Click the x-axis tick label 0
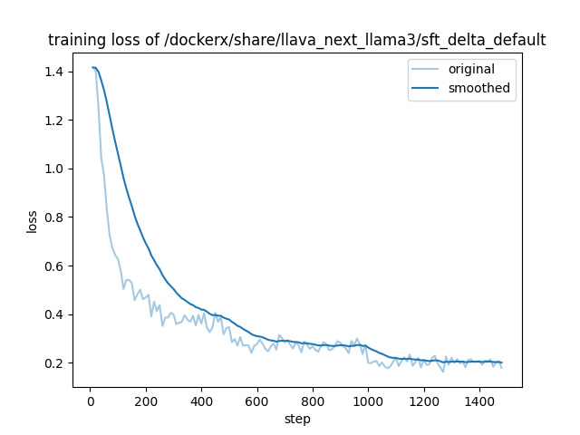coord(90,401)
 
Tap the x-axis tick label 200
coord(146,401)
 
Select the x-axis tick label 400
coord(201,401)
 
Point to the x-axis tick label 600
coord(257,401)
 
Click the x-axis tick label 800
coord(313,401)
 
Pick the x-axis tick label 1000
coord(368,401)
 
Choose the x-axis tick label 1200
coord(424,401)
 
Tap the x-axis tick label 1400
coord(479,401)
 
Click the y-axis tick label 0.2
coord(56,363)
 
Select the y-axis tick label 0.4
coord(56,314)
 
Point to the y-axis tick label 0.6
coord(56,266)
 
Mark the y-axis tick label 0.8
coord(56,217)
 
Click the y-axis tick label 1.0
coord(56,169)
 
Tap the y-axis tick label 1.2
coord(56,121)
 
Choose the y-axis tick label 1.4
coord(56,72)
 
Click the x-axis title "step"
coord(297,419)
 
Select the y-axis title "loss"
coord(32,221)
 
